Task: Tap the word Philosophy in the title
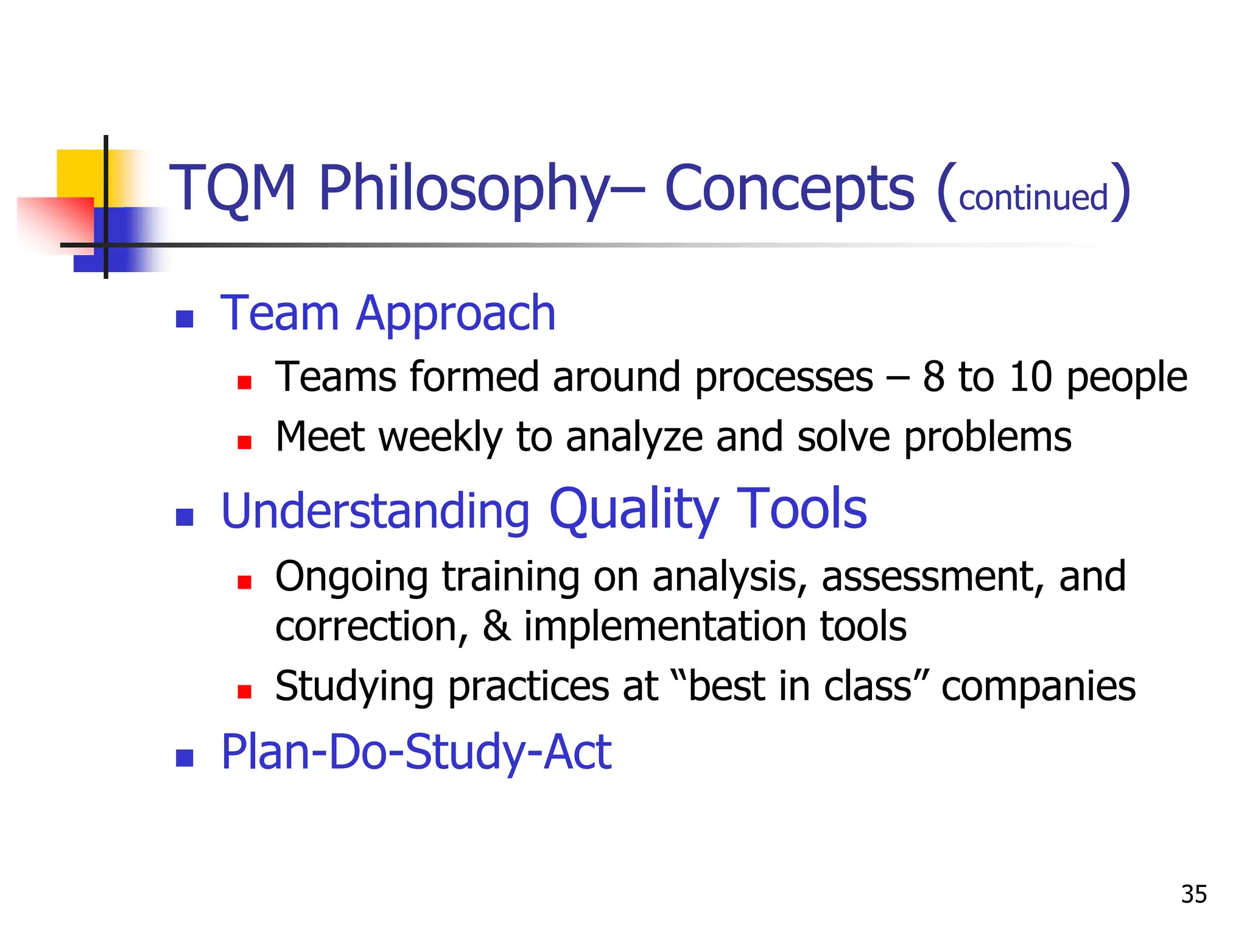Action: pos(463,189)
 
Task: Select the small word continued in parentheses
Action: pos(1033,198)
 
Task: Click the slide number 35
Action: pos(1193,894)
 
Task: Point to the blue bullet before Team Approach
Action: pos(184,318)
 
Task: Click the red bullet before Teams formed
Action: pos(245,382)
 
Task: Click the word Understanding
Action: pos(375,511)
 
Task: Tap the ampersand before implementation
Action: pos(497,626)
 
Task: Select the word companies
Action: pos(1038,686)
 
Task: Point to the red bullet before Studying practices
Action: pos(245,692)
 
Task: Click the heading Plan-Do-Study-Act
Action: pos(416,752)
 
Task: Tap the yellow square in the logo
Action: pos(79,173)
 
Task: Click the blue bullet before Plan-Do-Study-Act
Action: pos(184,758)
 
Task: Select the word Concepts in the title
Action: pos(789,189)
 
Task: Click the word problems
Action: pos(987,437)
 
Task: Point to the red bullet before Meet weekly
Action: pos(245,443)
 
